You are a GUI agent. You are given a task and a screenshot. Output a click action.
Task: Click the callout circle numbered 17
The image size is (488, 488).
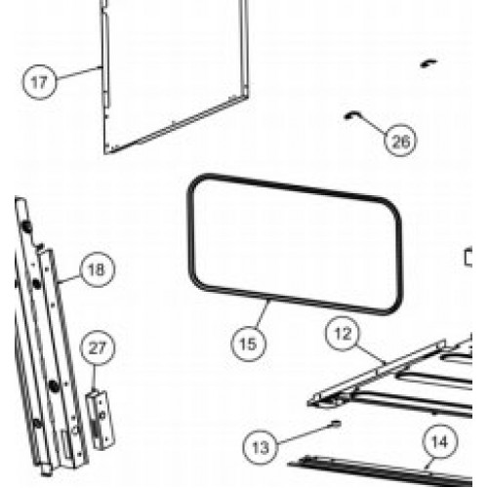tap(38, 82)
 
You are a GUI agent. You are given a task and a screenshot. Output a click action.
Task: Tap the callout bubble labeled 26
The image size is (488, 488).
tap(398, 142)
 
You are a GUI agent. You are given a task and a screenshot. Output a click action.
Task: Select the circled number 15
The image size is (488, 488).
tap(249, 343)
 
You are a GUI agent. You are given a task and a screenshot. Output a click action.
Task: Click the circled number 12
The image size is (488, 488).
tap(341, 335)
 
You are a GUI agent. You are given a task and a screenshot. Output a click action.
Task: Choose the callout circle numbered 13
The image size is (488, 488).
tap(261, 447)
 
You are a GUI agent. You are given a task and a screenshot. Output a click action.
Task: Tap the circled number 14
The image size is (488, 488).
tap(440, 442)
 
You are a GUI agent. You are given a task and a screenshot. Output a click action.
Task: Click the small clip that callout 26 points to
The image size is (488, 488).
tap(346, 114)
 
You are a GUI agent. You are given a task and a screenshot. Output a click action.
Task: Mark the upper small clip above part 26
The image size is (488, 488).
tap(426, 61)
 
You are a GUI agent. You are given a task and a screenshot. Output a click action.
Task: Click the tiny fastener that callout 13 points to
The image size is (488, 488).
tap(335, 423)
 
